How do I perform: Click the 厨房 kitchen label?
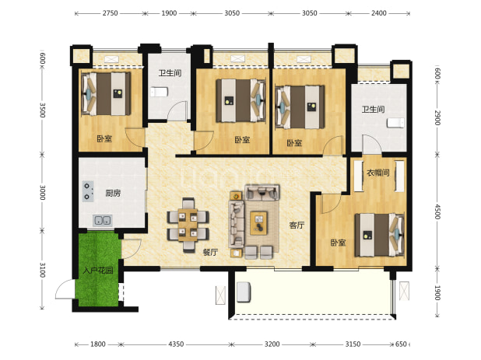coord(113,193)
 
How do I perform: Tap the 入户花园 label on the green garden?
coord(98,271)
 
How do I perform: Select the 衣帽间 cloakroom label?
coord(378,173)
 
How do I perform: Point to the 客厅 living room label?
coord(297,225)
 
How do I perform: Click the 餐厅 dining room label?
coord(210,252)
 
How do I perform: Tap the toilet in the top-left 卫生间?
coord(159,92)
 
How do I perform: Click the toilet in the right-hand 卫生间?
coord(395,123)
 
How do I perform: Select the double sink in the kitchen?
coord(103,220)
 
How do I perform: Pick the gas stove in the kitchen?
coord(88,191)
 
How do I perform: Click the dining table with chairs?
coord(188,225)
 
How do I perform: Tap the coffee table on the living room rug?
coord(258,223)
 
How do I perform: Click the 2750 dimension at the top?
coord(110,13)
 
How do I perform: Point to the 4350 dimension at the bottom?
coord(176,344)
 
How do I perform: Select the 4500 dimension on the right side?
coord(437,211)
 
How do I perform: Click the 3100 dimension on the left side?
coord(43,270)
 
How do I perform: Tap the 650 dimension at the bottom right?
coord(401,344)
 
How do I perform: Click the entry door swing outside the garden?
coord(65,289)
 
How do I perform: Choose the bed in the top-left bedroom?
coord(106,93)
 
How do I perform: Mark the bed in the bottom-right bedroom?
coord(380,235)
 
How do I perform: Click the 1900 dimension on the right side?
coord(437,293)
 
